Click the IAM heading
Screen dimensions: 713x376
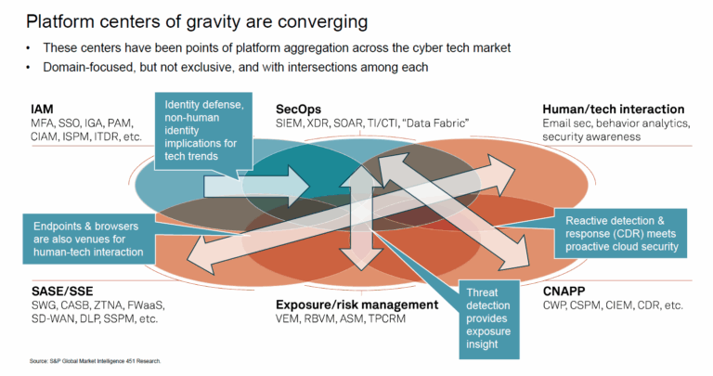pos(42,110)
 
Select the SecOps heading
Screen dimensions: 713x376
pos(298,110)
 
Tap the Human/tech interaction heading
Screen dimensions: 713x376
pos(614,110)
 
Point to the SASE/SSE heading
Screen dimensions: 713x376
pos(62,291)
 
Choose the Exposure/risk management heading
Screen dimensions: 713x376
pos(356,305)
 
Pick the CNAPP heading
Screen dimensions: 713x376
pos(564,291)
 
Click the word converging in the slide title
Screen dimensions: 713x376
pos(323,22)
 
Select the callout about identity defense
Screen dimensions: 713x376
pos(203,131)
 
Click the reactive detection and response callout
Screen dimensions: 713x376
pos(621,234)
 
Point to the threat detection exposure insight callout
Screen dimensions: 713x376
pos(489,318)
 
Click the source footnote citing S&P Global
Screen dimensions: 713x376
pos(96,361)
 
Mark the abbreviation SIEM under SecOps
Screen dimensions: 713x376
pos(289,123)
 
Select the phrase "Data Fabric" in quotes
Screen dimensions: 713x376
pos(435,123)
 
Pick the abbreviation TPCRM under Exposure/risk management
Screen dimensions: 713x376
pos(386,318)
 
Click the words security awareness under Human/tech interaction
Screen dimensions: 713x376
pos(591,136)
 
